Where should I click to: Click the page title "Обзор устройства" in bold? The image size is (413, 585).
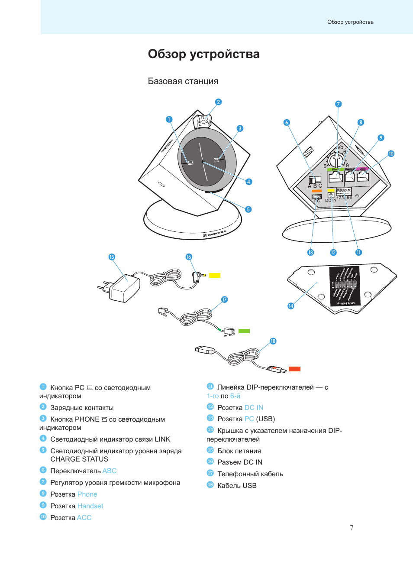(x=203, y=54)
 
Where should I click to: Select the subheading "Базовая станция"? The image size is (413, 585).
(x=183, y=81)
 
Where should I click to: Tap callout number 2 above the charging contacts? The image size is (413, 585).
(x=218, y=102)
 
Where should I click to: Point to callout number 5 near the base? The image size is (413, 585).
(x=248, y=210)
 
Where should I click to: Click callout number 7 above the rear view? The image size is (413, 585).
(x=339, y=104)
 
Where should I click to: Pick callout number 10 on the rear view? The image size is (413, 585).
(x=391, y=154)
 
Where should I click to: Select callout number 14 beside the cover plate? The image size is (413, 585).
(x=290, y=306)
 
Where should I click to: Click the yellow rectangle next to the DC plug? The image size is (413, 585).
(x=215, y=275)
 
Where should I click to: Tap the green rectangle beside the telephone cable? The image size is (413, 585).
(x=244, y=331)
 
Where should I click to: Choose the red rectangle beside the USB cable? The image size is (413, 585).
(x=294, y=369)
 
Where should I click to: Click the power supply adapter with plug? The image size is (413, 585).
(x=123, y=288)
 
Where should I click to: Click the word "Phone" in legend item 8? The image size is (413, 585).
(x=87, y=494)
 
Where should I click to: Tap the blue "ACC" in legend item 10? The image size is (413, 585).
(x=84, y=518)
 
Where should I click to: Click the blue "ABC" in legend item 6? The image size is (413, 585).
(x=110, y=471)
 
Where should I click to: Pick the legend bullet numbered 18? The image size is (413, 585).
(x=210, y=485)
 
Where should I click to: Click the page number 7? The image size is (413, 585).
(x=352, y=528)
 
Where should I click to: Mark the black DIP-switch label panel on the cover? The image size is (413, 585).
(x=345, y=286)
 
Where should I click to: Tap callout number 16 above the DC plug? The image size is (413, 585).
(x=189, y=257)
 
